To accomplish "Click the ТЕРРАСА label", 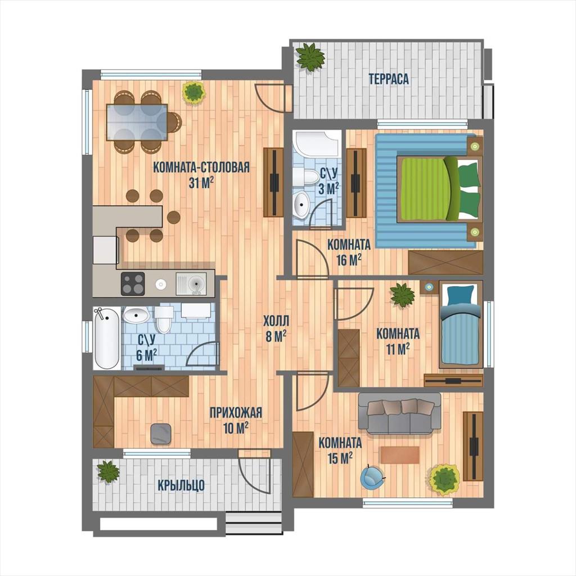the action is (x=389, y=79).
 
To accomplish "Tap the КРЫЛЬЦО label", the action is (x=181, y=485).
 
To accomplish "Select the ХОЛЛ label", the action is (x=276, y=321).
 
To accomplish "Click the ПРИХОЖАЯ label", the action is (x=236, y=412).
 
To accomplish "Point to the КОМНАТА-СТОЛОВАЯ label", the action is (x=201, y=167).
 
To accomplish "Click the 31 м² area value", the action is (x=201, y=183).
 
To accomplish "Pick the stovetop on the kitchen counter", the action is (x=133, y=283).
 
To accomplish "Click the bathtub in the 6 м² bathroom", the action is (x=106, y=338).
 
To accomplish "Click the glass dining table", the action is (x=137, y=122).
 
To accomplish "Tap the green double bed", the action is (x=439, y=189).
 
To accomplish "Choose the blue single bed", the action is (x=461, y=325).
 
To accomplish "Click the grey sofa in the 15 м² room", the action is (x=399, y=413).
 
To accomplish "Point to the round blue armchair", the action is (x=372, y=477).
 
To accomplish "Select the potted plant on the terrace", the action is (x=310, y=57).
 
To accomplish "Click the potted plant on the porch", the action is (x=108, y=471).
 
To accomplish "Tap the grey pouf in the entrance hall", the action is (x=161, y=434).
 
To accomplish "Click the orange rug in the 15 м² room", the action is (x=400, y=454).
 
